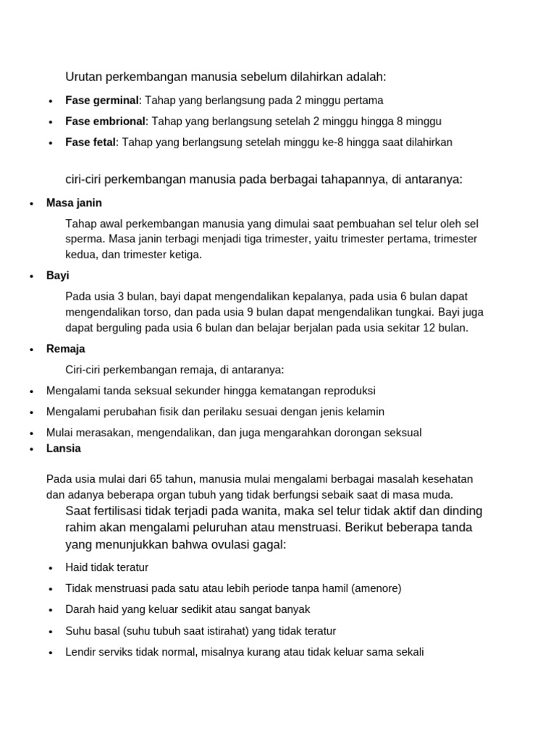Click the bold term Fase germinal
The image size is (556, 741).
point(101,100)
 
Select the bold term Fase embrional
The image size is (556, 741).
point(105,121)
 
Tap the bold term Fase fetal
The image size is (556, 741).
point(90,142)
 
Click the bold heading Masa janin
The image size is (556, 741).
point(74,203)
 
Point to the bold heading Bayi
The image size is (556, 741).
point(58,276)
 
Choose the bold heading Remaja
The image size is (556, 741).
point(65,349)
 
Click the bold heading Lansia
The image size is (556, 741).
point(64,448)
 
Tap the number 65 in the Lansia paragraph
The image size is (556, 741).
point(156,479)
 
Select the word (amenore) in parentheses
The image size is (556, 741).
point(376,588)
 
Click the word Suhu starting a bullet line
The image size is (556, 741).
point(77,630)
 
